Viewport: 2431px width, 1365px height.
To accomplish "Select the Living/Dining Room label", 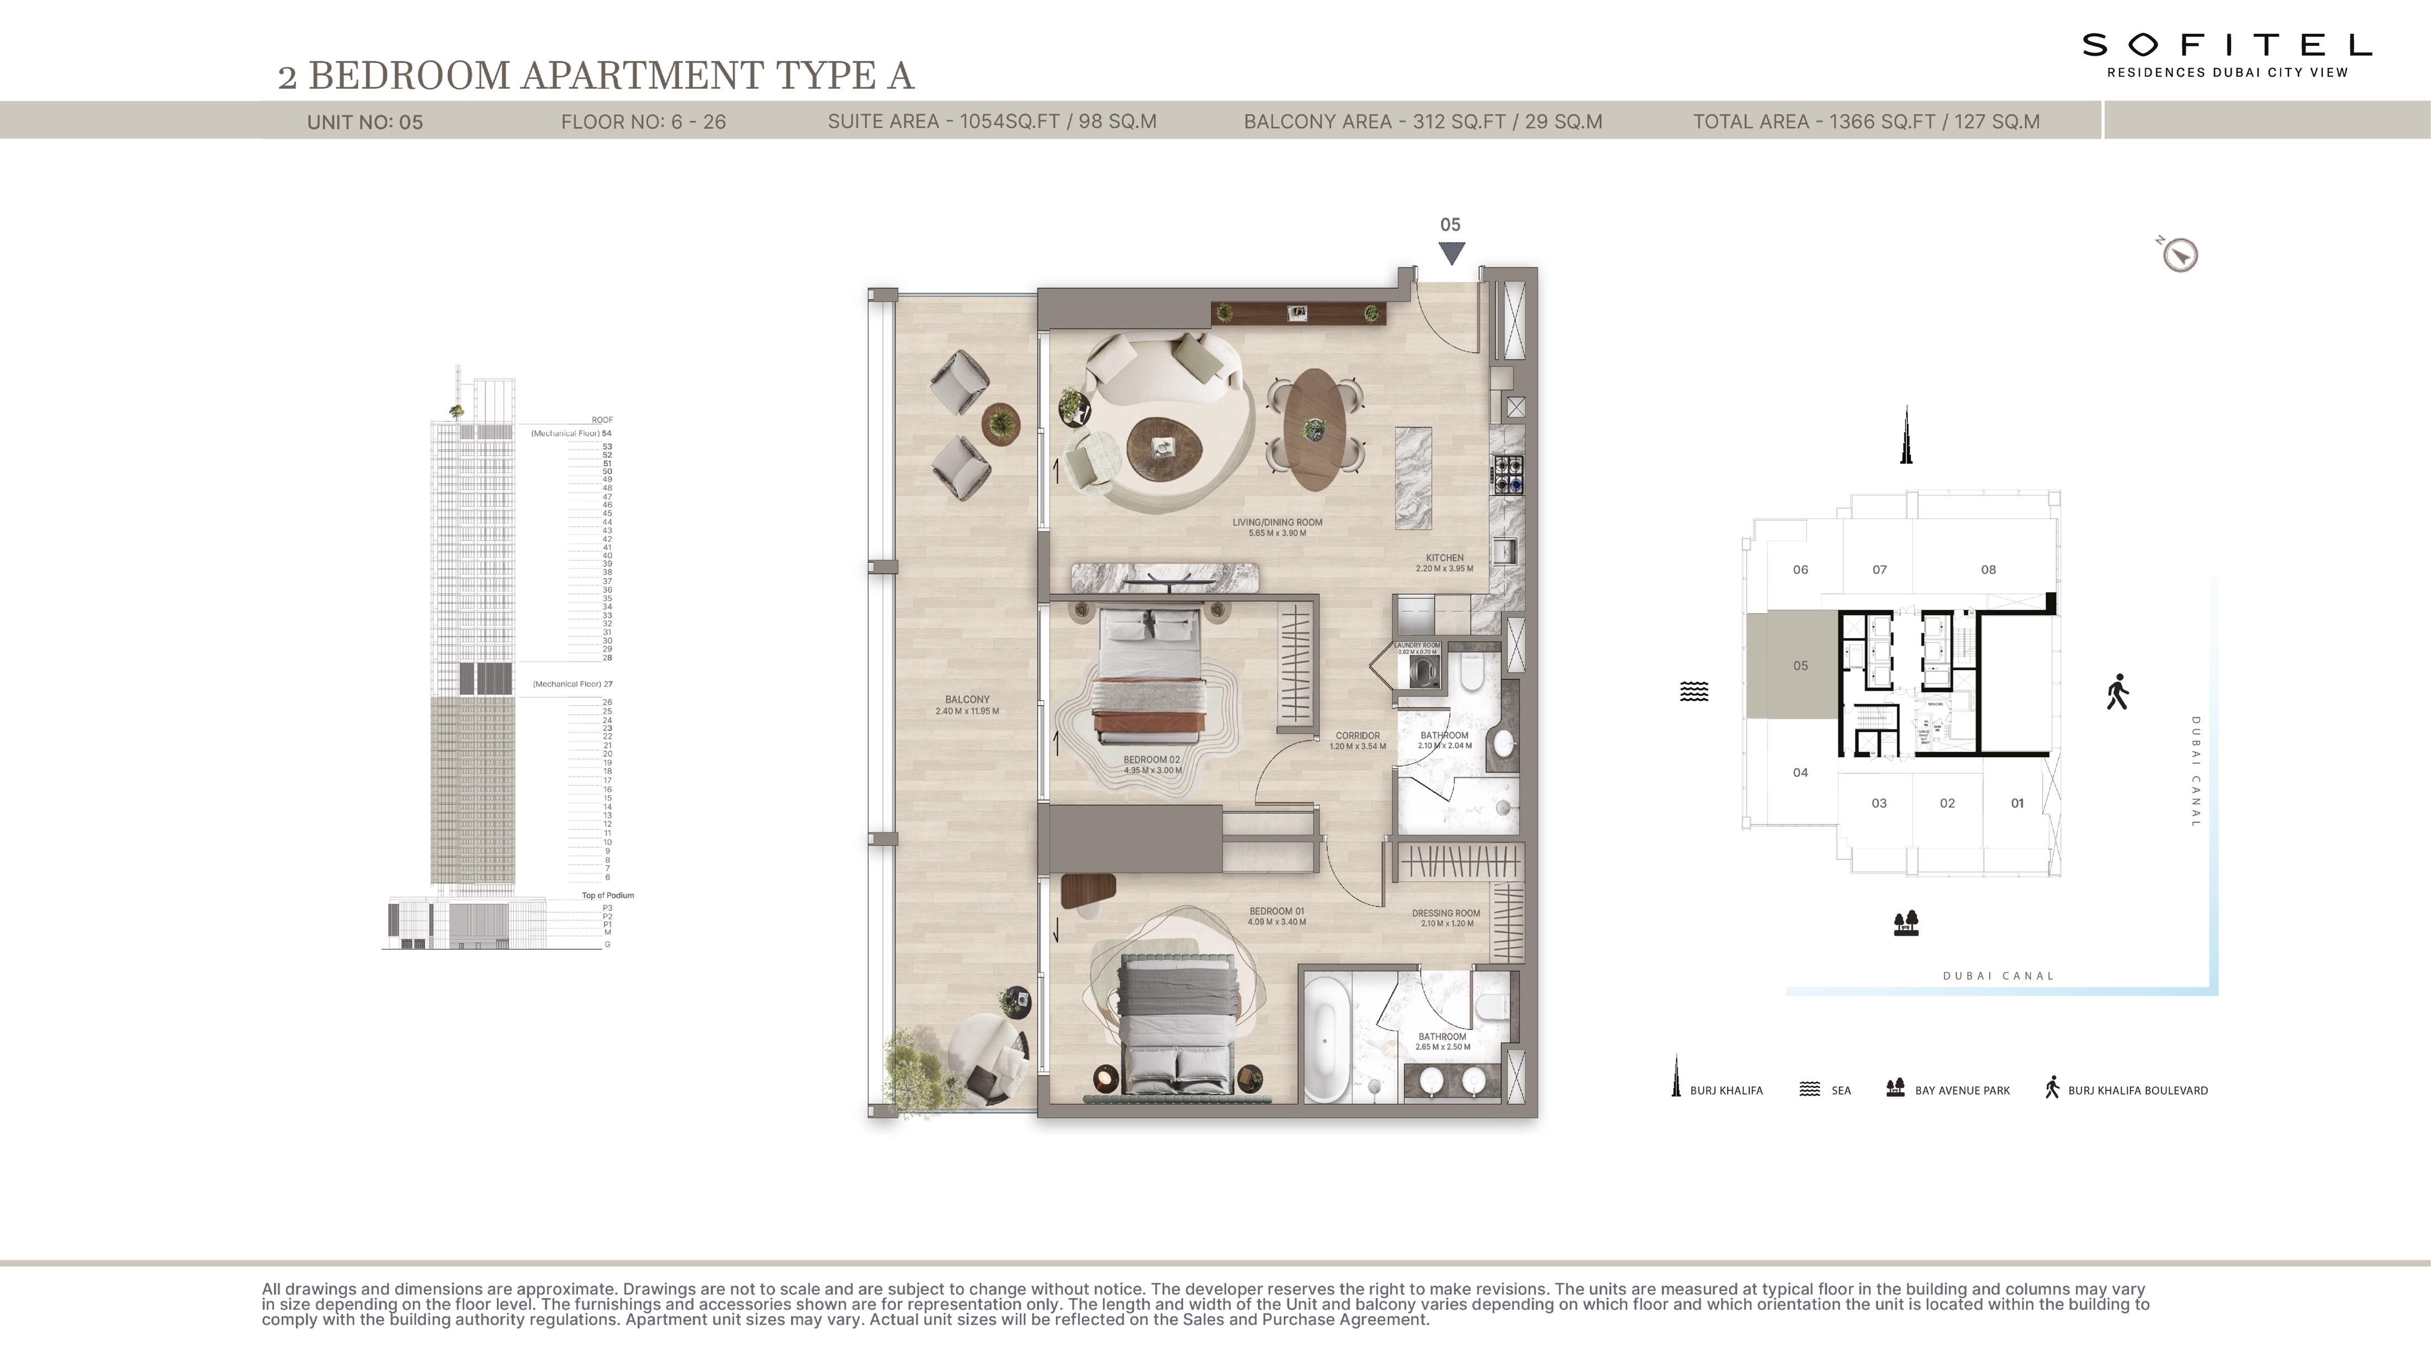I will click(x=1277, y=522).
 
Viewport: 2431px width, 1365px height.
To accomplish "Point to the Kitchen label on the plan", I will click(x=1444, y=558).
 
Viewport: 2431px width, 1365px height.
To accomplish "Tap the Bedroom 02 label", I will click(x=1151, y=760).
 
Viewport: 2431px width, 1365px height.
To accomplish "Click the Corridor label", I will click(x=1357, y=736).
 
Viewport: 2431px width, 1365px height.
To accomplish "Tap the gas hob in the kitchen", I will click(x=1507, y=475).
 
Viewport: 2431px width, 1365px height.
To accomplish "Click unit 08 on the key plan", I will click(x=1988, y=569).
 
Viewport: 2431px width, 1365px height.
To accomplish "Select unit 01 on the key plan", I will click(x=2017, y=803).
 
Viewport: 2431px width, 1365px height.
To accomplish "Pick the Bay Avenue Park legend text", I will click(x=1962, y=1091).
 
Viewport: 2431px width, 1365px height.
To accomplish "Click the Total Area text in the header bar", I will click(x=1866, y=122).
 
